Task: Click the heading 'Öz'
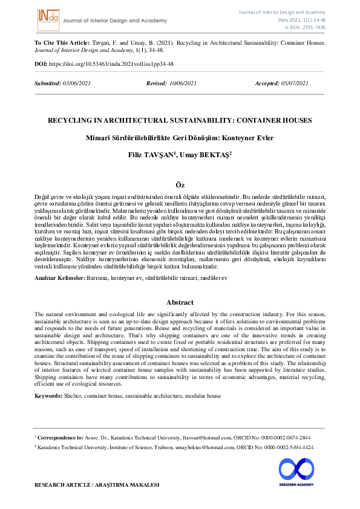tap(180, 184)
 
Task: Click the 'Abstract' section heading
tap(180, 302)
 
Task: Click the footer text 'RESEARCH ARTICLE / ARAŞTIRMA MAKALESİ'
tap(97, 485)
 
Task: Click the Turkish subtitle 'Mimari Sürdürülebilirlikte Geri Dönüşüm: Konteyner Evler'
tap(180, 138)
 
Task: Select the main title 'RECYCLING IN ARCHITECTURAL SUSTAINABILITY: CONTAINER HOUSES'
tap(180, 120)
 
